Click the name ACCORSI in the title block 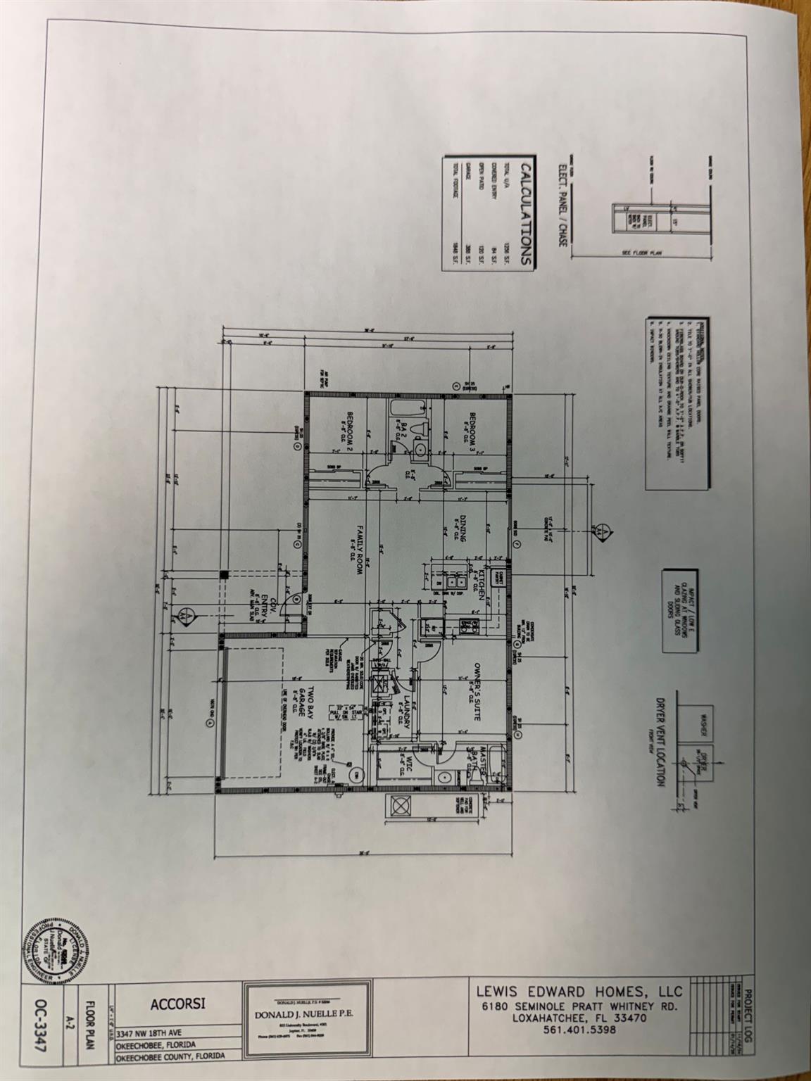(x=179, y=1004)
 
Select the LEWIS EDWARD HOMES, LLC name (x=579, y=990)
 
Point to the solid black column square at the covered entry (x=224, y=574)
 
